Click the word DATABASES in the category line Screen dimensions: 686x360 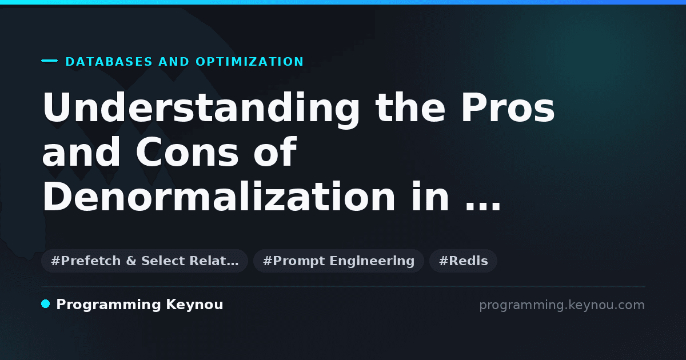pos(109,62)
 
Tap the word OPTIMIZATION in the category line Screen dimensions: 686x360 pos(250,62)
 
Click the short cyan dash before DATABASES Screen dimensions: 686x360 pos(49,61)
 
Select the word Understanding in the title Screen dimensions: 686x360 pos(201,109)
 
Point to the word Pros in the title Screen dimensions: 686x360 pos(508,107)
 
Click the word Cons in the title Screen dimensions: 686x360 pos(187,152)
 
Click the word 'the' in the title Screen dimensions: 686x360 pos(410,107)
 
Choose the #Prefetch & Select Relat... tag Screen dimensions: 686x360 pos(145,261)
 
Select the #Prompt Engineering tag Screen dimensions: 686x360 pos(338,261)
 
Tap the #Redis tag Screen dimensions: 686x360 pos(464,261)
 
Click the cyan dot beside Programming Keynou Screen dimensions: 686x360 pos(46,304)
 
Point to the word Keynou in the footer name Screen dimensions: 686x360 pos(194,305)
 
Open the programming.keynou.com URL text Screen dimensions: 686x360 pos(562,305)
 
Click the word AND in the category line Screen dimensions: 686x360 pos(174,62)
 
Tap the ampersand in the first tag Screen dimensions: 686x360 pos(131,261)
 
